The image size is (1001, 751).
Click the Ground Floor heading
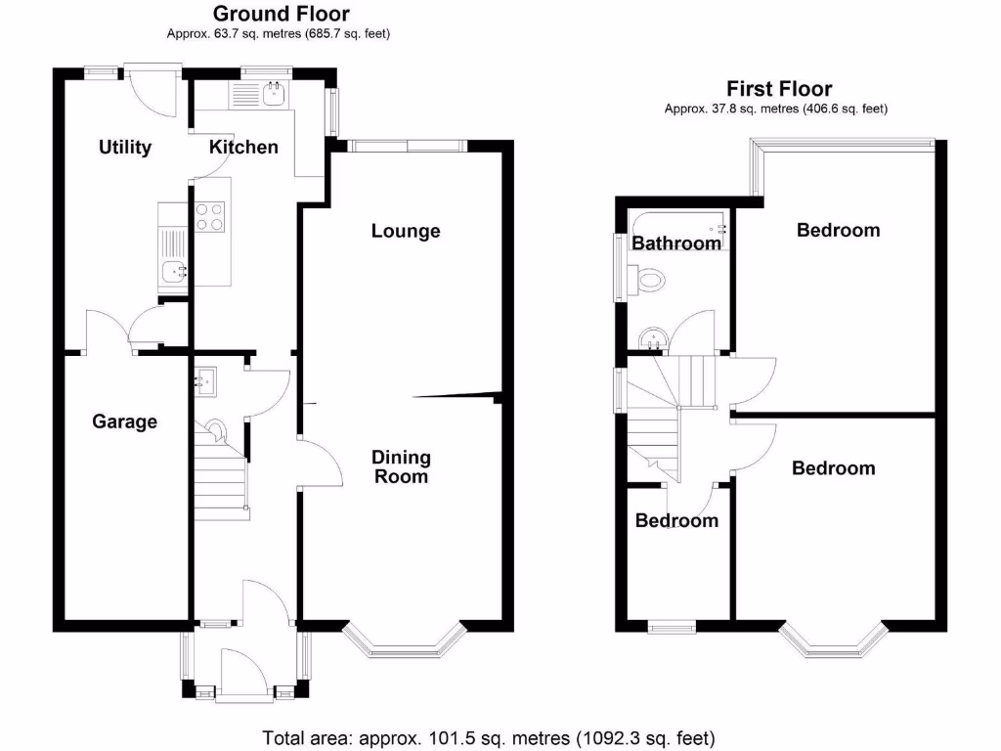281,14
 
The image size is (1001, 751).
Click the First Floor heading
778,89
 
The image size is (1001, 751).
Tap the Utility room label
125,148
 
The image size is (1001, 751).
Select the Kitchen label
244,148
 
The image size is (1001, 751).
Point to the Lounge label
406,232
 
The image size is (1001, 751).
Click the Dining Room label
401,467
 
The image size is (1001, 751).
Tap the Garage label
124,421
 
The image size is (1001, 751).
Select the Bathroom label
676,243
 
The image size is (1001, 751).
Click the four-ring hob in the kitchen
210,215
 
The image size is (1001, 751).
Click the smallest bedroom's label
676,520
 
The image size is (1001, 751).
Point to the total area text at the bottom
489,736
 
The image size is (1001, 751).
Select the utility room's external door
153,90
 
